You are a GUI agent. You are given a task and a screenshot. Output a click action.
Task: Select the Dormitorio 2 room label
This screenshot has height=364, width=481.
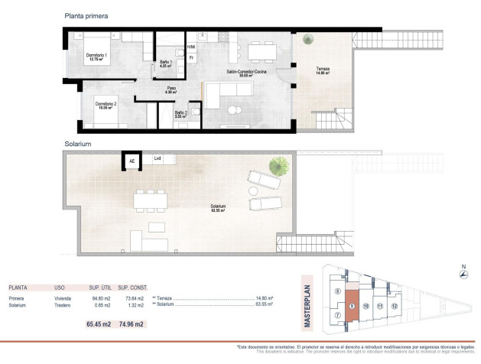pos(105,106)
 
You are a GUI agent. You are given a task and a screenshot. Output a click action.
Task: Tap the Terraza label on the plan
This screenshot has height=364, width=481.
pos(323,71)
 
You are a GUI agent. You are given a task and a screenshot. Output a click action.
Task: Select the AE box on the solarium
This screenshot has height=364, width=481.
pos(132,161)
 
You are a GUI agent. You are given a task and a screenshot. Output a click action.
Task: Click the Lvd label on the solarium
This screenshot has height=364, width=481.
pos(158,159)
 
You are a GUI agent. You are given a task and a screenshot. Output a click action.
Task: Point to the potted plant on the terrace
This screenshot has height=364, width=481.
pos(307,41)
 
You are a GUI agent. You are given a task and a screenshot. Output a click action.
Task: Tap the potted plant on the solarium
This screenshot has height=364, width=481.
pos(279,164)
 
